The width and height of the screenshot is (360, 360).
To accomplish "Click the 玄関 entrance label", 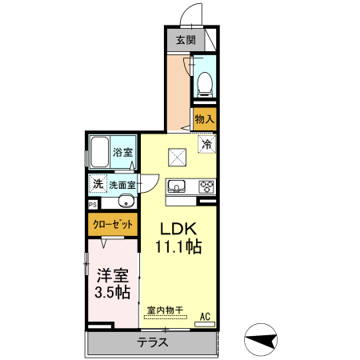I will [x=185, y=39].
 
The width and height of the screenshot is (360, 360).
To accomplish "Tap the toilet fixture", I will [x=204, y=81].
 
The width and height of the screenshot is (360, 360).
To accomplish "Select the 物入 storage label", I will [x=204, y=118].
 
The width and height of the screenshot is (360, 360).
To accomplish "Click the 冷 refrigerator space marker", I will [x=206, y=145].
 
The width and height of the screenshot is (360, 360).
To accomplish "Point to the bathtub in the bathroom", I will [x=99, y=151].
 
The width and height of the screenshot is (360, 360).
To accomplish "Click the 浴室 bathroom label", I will [x=122, y=152].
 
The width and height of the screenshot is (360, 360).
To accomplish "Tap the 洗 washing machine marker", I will [x=97, y=183].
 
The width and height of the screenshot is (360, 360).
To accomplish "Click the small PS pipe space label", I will [x=92, y=204].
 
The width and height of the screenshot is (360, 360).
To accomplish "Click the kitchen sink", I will [x=177, y=187].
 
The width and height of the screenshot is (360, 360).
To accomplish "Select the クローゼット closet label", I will [x=112, y=225].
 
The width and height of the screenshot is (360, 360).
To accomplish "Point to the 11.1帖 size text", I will [x=171, y=247].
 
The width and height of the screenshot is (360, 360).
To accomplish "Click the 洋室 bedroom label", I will [x=112, y=274].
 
